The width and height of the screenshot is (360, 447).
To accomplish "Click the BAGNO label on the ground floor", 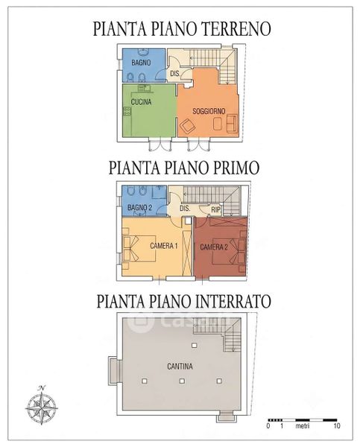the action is pos(141,62).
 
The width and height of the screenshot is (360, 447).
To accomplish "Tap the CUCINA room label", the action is pos(141,102).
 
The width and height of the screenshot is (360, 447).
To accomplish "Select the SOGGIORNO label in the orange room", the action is pos(209,111).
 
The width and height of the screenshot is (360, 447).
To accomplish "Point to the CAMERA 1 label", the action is pos(164,246).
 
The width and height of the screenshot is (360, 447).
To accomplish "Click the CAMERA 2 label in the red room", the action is pos(214,247).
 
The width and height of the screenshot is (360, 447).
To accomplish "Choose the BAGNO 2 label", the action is pos(140,208).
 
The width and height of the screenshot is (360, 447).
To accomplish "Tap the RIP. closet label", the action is pos(215,210).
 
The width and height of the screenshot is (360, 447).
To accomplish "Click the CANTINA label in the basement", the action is pos(180,367).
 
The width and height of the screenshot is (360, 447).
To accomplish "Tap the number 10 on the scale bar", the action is pos(337,426).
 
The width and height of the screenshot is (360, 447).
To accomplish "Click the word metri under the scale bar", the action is pos(303,426).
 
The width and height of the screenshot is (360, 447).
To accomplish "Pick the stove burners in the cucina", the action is pos(127,112).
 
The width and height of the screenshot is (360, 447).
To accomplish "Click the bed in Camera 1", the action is pos(139,248).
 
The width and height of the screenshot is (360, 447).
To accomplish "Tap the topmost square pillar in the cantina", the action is pos(195,346).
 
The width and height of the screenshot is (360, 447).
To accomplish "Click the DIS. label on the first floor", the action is pos(185,208).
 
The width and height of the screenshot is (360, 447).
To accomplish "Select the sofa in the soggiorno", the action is pos(231,123).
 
